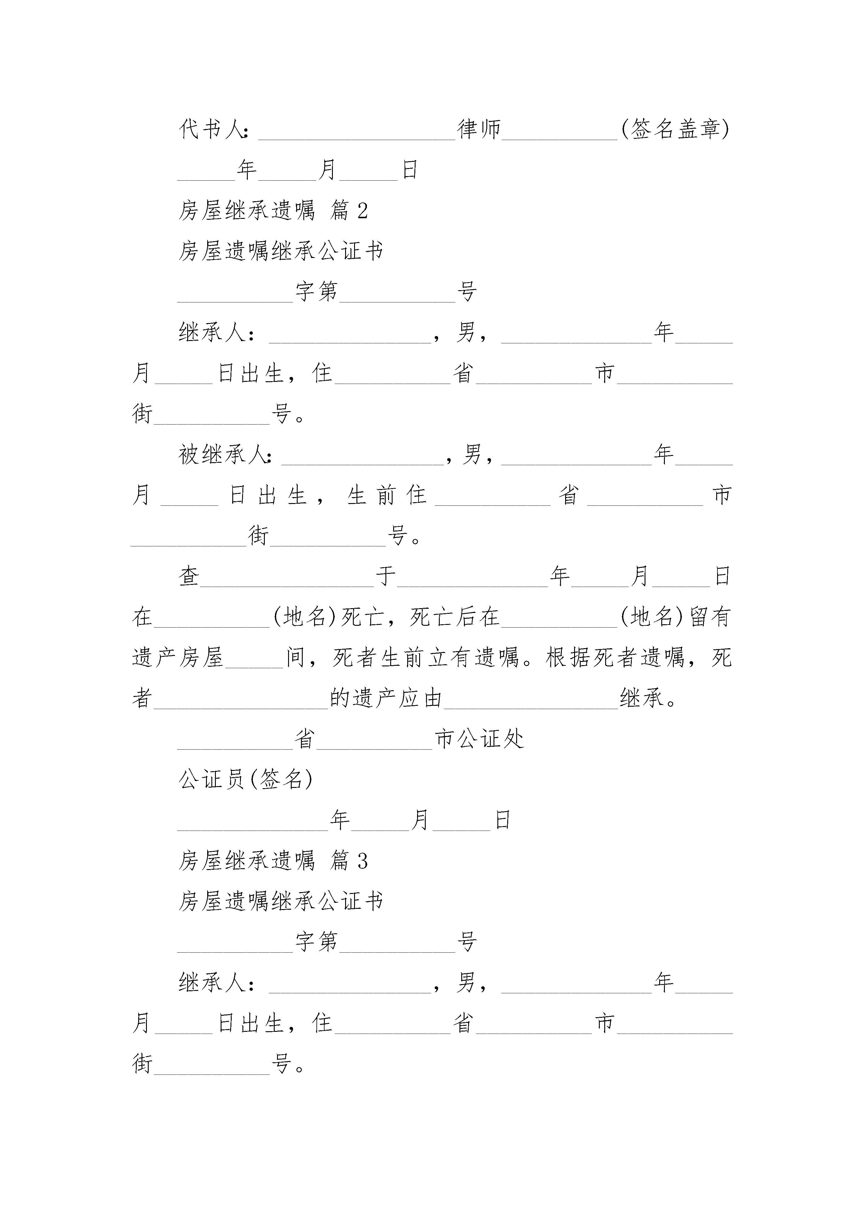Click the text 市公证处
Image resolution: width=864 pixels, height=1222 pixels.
(479, 739)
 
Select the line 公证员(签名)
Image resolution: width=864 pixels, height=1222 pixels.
(245, 780)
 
